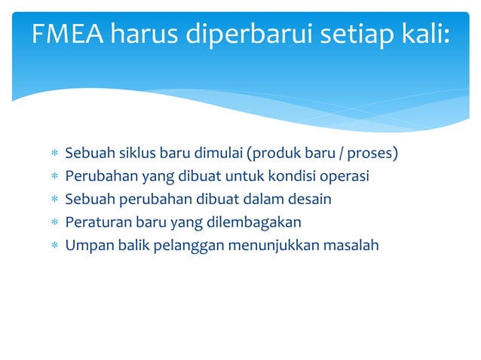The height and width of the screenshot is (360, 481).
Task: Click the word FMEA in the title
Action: (69, 35)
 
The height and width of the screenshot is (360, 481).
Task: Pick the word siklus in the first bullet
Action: (136, 154)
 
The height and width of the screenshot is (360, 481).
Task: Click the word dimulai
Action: (219, 154)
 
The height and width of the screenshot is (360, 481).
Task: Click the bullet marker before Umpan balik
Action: (54, 245)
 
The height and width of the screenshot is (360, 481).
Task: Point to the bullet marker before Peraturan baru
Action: (54, 222)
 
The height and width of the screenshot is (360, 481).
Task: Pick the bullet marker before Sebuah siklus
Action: (54, 154)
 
